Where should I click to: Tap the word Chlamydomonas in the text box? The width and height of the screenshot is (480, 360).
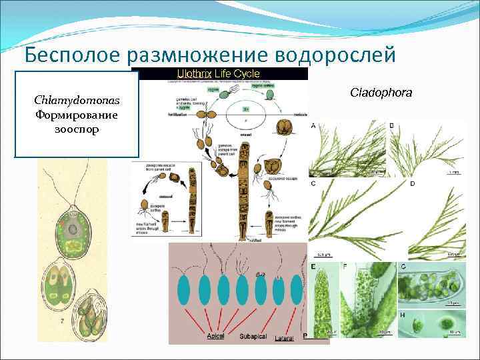[x=77, y=101]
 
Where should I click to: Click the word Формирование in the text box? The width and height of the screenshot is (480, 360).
[x=77, y=115]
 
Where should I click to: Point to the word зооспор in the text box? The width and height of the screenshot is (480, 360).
[x=77, y=129]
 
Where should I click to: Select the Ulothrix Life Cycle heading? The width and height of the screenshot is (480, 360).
[x=217, y=73]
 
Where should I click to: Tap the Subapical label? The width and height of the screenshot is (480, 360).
[x=253, y=337]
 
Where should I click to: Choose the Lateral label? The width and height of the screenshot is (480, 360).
[x=285, y=337]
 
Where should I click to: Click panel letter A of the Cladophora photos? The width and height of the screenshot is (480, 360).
[x=313, y=126]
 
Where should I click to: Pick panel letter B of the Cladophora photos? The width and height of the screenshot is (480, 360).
[x=391, y=125]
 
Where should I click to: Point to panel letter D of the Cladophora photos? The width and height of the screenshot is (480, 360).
[x=412, y=183]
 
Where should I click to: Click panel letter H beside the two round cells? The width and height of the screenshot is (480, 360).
[x=402, y=314]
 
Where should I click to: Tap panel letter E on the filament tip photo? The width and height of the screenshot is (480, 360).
[x=313, y=266]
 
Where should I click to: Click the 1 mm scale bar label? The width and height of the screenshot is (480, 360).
[x=455, y=172]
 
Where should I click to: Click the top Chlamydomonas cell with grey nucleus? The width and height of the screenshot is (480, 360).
[x=70, y=231]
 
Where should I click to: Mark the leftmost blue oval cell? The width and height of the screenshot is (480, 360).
[x=184, y=291]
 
